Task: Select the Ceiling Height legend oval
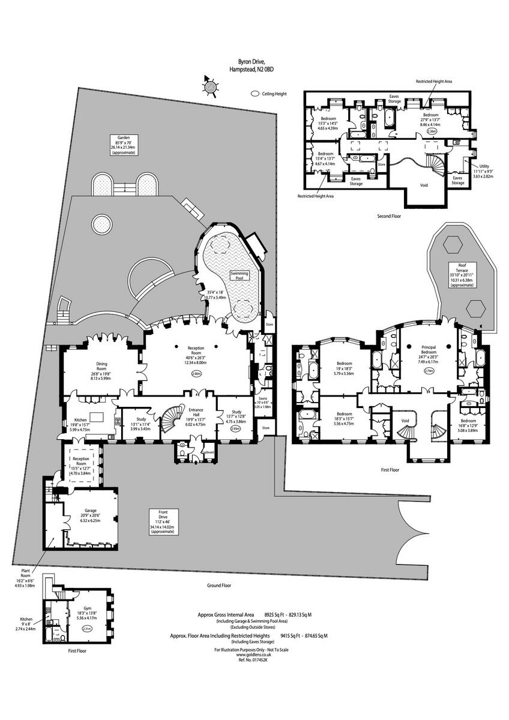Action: coord(255,94)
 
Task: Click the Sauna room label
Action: coord(262,398)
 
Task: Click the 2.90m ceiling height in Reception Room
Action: coord(196,373)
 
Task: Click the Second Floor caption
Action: coord(390,215)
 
